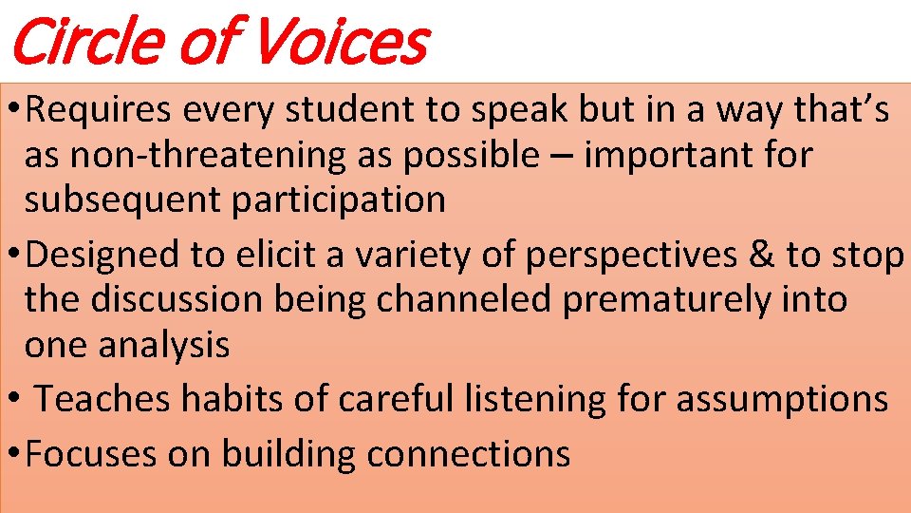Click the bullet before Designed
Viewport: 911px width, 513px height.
12,256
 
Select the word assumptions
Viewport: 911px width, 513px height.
782,400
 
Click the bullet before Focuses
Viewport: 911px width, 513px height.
12,454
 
